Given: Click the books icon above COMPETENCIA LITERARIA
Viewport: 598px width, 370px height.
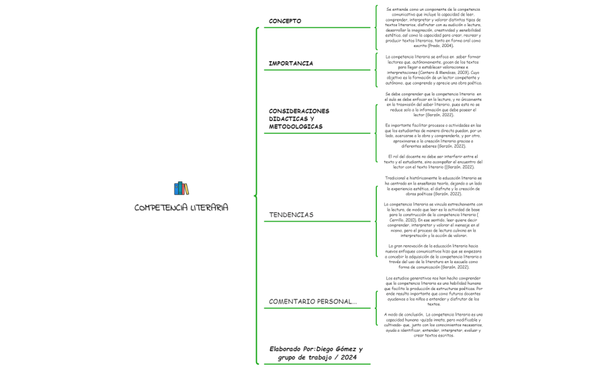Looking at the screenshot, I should [181, 188].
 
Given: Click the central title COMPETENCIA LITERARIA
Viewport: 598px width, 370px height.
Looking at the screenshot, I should [181, 207].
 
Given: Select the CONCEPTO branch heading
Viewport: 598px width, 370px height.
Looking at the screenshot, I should [285, 21].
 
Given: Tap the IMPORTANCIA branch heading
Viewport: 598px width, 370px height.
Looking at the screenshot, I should [291, 63].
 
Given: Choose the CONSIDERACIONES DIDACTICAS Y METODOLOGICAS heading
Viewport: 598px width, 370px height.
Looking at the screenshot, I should [299, 118].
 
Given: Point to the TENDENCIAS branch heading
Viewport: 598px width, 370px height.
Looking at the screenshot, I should [291, 215].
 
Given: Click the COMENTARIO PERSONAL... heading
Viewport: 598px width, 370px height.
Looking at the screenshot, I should [312, 302].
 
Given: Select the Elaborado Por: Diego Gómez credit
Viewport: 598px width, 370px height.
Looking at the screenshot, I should [316, 353].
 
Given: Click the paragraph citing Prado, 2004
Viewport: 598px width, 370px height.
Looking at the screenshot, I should [433, 28].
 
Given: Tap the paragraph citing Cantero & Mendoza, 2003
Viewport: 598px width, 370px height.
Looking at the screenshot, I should [433, 70].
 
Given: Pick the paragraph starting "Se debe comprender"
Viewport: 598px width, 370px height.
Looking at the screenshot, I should [433, 105].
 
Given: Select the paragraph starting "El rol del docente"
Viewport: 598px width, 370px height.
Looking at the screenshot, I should [433, 161].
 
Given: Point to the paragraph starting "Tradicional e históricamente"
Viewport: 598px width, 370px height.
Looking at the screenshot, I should [433, 185].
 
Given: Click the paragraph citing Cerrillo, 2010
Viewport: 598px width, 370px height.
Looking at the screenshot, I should [433, 220].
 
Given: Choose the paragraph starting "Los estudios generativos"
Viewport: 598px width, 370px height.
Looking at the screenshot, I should [433, 291].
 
